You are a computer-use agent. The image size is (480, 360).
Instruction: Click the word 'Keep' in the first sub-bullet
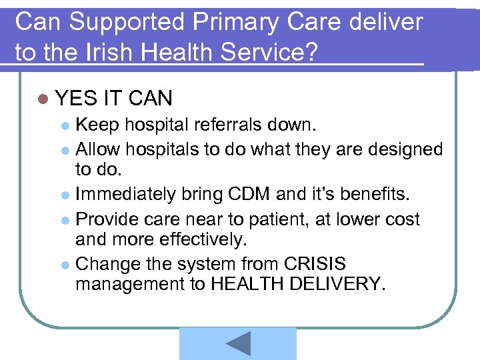97,124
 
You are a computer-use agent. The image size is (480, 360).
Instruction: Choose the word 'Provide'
108,219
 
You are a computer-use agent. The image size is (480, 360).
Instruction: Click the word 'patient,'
295,219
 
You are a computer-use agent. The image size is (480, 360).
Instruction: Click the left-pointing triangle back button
238,343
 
